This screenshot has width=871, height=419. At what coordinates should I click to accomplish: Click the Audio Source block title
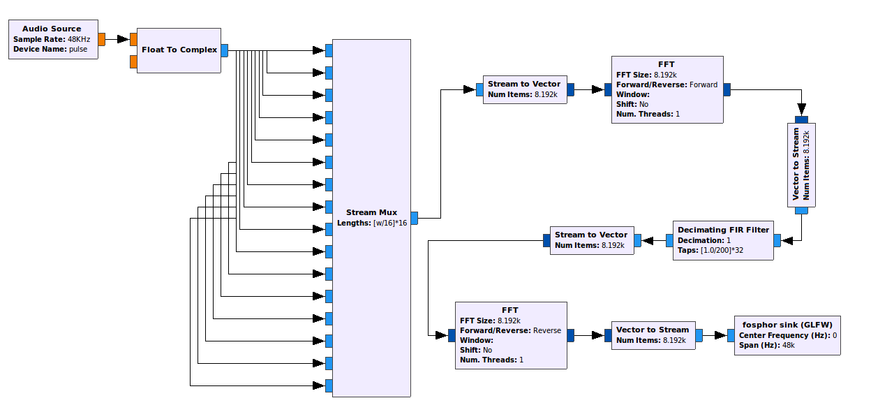[52, 29]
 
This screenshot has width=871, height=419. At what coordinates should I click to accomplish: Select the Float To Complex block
[179, 50]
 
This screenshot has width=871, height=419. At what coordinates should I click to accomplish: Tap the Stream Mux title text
[371, 212]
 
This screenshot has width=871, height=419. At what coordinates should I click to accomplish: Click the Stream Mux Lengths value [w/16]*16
[390, 223]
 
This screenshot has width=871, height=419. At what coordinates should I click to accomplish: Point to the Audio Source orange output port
[102, 39]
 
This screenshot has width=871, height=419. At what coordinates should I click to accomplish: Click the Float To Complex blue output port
[225, 50]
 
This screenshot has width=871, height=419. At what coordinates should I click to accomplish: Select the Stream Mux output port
[414, 218]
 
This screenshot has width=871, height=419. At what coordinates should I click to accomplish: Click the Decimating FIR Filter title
[723, 230]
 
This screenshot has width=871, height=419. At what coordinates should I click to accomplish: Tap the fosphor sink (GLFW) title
[787, 325]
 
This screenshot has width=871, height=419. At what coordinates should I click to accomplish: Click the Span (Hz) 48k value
[788, 346]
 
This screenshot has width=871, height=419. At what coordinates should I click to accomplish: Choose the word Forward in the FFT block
[703, 84]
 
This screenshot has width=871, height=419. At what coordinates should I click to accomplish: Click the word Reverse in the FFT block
[547, 330]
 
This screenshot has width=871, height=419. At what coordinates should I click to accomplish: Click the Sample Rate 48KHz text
[78, 39]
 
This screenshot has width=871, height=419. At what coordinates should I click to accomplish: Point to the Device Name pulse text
[78, 49]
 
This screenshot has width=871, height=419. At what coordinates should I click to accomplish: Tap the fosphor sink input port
[731, 335]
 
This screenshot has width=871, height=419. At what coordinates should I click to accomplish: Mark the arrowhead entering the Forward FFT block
[597, 89]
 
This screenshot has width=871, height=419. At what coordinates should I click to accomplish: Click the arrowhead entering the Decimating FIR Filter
[787, 240]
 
